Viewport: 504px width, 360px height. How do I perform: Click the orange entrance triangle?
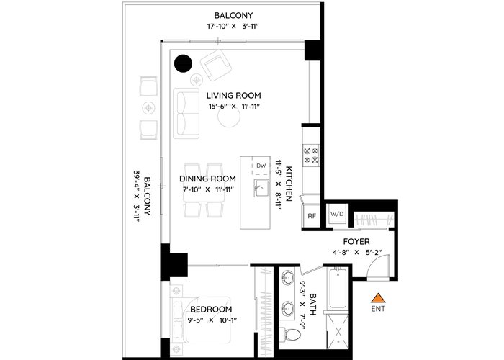pos(378,299)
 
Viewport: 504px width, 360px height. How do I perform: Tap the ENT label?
pos(378,309)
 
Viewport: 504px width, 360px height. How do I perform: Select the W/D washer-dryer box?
pos(337,214)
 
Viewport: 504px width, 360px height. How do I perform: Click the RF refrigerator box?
pos(312,216)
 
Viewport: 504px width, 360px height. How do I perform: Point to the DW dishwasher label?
pos(261,166)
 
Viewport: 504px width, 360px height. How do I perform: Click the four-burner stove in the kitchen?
pos(311,155)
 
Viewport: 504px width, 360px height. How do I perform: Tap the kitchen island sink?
pos(261,188)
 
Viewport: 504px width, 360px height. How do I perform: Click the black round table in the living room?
pos(183,63)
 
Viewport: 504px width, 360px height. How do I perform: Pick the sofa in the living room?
pos(186,113)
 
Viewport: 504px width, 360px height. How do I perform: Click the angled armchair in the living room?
pos(216,66)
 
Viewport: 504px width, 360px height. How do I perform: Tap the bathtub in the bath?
pos(338,288)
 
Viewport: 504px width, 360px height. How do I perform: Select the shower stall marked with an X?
pos(338,332)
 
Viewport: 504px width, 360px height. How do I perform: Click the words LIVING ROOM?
pos(234,96)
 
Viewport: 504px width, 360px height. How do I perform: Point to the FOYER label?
pos(356,241)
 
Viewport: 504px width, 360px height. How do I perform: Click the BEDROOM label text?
pos(211,309)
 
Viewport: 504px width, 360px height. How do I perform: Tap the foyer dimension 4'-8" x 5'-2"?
pos(356,252)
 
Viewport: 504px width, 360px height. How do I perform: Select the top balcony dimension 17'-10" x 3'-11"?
pos(233,27)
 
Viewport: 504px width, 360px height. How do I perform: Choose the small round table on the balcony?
pos(148,108)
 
